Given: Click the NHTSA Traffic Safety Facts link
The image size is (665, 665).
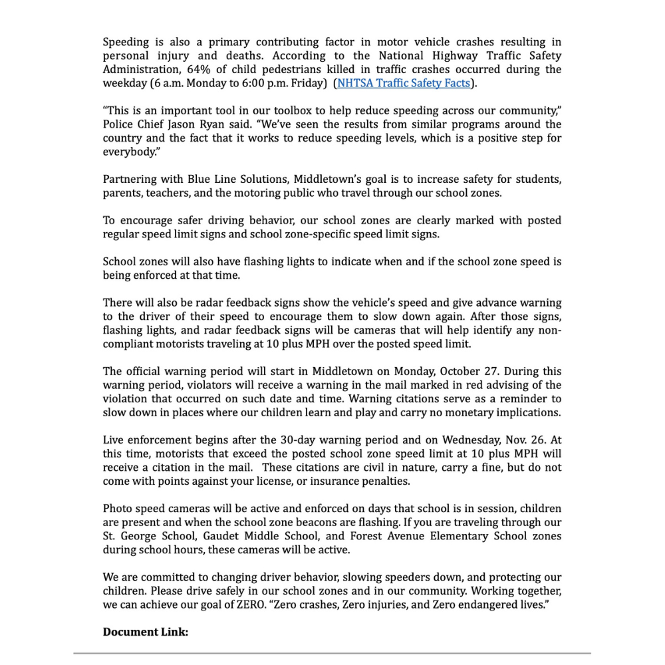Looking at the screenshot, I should point(404,83).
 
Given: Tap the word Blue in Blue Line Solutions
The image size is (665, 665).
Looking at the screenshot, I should point(199,180).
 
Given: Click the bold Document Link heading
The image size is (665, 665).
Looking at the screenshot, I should point(146,632).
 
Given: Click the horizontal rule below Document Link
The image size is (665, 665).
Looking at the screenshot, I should point(332,654).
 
